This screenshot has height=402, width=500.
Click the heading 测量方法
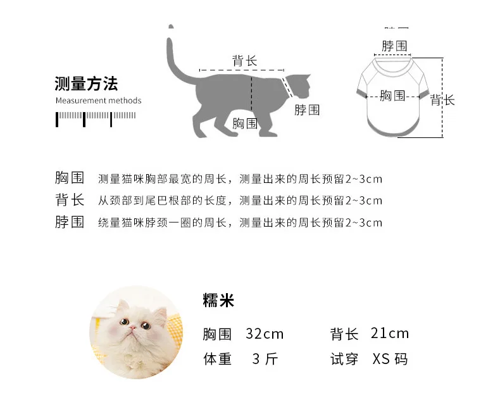coord(86,84)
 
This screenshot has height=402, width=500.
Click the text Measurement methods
coord(98,101)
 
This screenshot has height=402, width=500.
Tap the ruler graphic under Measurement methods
coord(96,119)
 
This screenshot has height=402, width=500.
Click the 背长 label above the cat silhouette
coord(244,61)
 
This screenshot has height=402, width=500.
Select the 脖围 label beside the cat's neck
coord(307,110)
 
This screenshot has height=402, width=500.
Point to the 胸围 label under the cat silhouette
coord(245,123)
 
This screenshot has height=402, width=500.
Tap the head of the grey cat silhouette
coord(299,86)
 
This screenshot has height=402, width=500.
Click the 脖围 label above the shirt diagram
coord(394,46)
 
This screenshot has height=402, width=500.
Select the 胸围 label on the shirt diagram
coord(392,96)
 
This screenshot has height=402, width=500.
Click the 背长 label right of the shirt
coord(442,100)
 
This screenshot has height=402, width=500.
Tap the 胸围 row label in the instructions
coord(70,178)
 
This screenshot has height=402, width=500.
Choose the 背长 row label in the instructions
coord(70,199)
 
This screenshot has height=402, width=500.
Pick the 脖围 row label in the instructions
coord(70,222)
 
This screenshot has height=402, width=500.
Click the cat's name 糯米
coord(218,300)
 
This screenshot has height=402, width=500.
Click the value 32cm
coord(265,334)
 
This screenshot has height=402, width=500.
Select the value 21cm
coord(390,334)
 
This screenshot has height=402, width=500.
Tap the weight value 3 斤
coord(265,359)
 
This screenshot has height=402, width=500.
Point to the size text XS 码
coord(391,359)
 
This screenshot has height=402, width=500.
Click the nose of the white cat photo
coord(132,328)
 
